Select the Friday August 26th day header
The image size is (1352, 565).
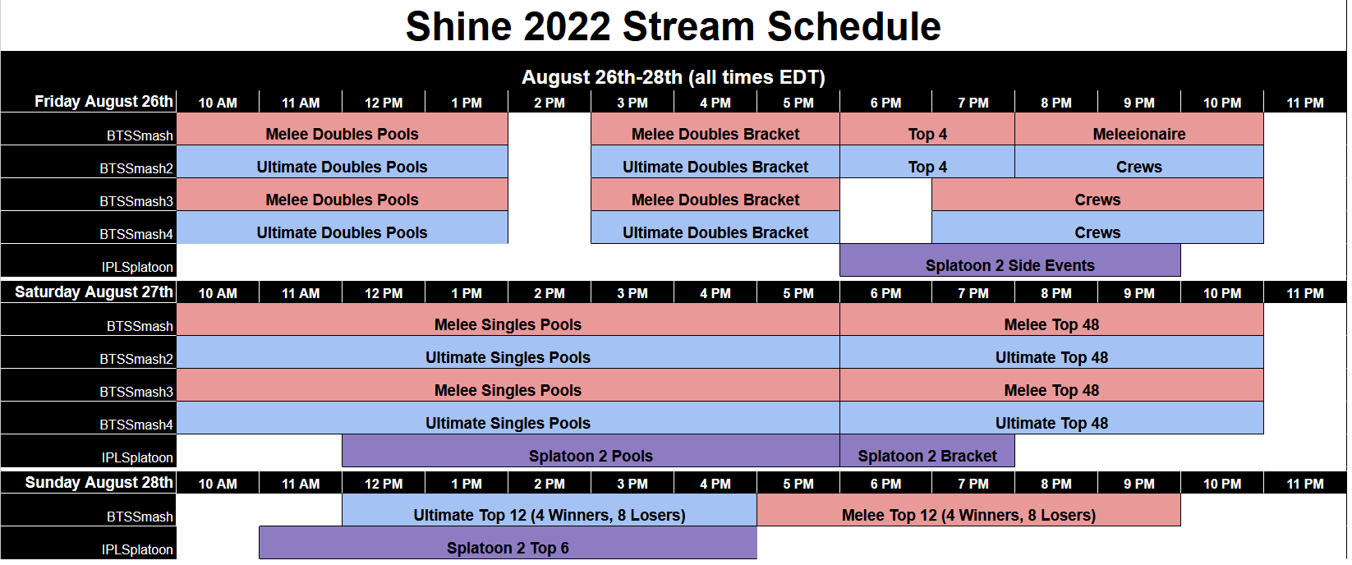pos(103,101)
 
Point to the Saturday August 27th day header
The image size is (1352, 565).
pos(94,292)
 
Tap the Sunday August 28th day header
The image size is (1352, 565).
pos(99,482)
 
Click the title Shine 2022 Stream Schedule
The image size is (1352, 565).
pos(673,26)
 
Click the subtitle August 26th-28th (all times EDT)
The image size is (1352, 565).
pos(673,77)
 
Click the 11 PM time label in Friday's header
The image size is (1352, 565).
pos(1304,103)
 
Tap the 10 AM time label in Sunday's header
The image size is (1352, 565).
pos(218,484)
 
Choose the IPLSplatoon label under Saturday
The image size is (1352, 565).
pos(137,457)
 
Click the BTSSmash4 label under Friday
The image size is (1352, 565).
pos(136,234)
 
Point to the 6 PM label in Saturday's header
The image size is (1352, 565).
pos(885,293)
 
